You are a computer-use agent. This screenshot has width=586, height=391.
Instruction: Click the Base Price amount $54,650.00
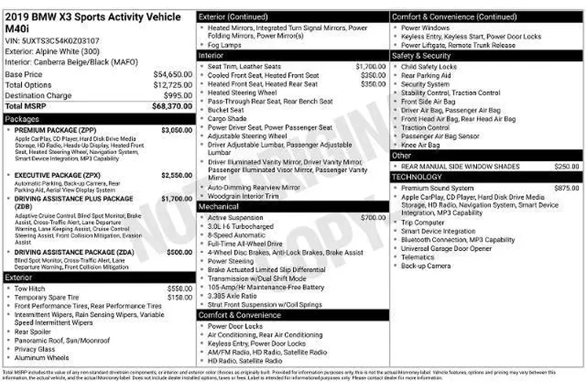point(173,74)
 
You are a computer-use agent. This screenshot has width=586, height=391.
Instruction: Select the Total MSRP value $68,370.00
point(173,106)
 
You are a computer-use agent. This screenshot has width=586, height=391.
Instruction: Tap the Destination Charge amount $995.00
point(177,95)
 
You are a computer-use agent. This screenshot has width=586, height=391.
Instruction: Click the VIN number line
point(52,40)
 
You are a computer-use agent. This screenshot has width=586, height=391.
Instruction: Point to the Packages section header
point(22,119)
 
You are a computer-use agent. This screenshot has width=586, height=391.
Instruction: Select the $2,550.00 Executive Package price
point(177,175)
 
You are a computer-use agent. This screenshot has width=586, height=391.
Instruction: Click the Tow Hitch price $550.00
point(179,288)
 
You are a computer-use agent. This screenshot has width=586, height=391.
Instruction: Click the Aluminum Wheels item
point(42,358)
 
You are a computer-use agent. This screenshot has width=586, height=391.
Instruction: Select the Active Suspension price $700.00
point(373,217)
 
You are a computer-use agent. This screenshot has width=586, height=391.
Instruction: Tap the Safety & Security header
point(421,56)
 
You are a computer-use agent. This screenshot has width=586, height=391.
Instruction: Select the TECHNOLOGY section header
point(417,177)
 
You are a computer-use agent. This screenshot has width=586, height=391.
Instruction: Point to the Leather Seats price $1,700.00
point(370,66)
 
